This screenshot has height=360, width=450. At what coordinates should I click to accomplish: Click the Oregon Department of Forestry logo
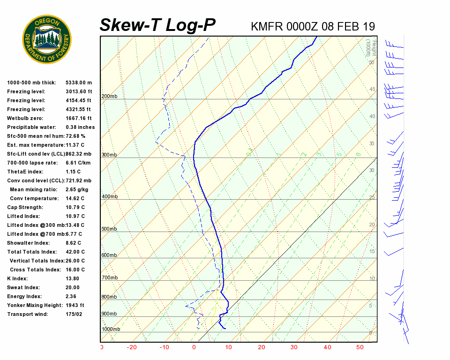pos(47,39)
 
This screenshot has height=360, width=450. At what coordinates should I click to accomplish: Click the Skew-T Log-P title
pos(158,25)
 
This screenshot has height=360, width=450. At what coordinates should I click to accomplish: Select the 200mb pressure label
pos(109,97)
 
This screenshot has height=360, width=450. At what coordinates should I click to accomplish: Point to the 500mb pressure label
pos(109,229)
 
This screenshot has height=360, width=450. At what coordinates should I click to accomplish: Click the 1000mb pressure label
pos(111,329)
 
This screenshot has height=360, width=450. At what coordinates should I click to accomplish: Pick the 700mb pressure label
pos(109,278)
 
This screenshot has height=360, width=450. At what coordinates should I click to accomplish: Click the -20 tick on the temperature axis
pos(132,347)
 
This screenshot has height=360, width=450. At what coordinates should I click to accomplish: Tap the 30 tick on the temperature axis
pos(294,347)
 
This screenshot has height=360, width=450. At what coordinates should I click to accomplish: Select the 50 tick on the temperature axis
pos(360,347)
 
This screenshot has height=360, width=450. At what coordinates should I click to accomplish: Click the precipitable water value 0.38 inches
pos(80,127)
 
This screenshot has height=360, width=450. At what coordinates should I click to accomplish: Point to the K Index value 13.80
pos(73,278)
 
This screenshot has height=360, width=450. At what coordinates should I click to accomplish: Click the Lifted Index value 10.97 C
pos(75,216)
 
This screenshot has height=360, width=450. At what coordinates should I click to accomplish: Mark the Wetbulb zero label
pos(23,118)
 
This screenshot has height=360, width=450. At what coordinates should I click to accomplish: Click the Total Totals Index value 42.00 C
pos(75,252)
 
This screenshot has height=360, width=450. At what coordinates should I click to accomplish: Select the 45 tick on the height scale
pos(372,89)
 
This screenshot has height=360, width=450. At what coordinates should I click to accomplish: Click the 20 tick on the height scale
pos(372,225)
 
